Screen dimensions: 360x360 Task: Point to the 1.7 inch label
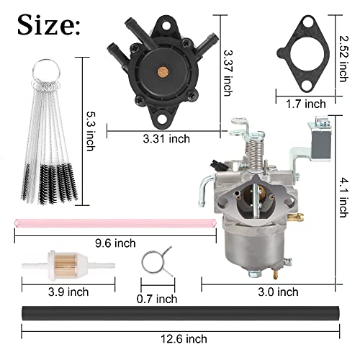302,104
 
